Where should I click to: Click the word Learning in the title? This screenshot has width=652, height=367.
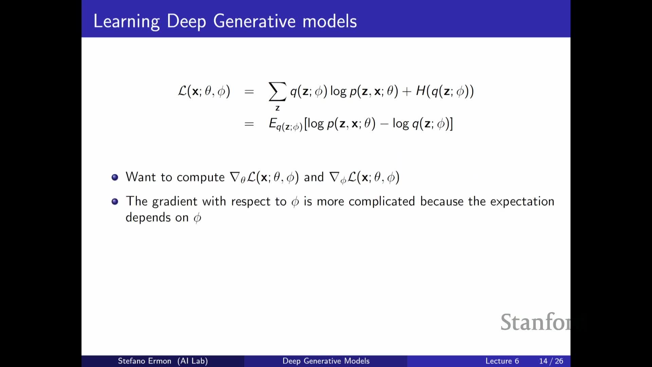click(126, 21)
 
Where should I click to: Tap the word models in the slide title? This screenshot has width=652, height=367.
click(330, 21)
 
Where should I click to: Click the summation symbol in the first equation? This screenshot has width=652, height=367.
click(277, 91)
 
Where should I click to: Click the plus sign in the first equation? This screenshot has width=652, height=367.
click(406, 91)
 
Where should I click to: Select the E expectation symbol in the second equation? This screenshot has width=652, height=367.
click(273, 123)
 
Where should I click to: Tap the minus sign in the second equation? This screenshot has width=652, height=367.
click(384, 124)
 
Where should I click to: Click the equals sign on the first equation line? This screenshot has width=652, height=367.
click(249, 91)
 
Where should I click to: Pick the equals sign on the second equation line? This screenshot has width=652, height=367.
click(249, 124)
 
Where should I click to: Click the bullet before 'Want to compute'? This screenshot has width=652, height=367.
click(115, 177)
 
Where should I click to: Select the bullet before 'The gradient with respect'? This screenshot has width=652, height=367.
click(115, 202)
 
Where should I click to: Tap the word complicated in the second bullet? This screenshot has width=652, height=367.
click(382, 202)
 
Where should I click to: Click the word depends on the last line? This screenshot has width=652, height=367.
click(148, 217)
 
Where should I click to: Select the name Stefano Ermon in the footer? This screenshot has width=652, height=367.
click(144, 361)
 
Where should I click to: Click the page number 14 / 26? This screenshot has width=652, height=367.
click(551, 361)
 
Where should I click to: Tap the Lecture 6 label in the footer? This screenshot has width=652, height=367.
click(502, 361)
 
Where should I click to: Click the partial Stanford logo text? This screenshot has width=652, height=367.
click(536, 322)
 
